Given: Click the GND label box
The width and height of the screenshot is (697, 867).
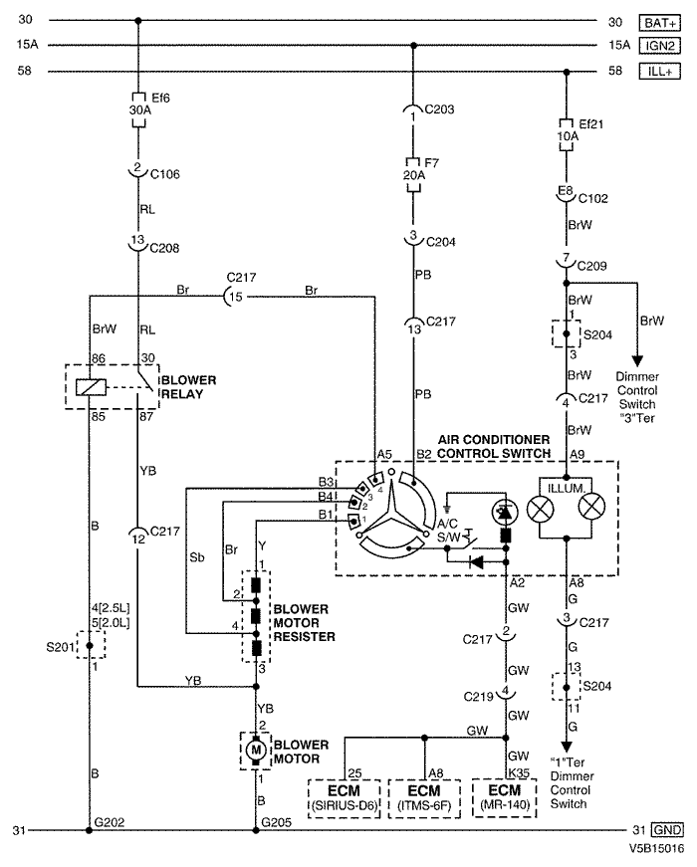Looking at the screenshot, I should pos(666,829).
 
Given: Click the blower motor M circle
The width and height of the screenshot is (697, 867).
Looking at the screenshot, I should pos(256,749).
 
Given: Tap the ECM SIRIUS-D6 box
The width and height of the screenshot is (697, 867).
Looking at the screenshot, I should pos(345,797).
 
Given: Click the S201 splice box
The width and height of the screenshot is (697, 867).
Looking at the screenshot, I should pos(90,648).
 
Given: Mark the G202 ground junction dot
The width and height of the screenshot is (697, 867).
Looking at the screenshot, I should pos(90,829).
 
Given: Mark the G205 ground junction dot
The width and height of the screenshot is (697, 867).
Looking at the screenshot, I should pos(256,829).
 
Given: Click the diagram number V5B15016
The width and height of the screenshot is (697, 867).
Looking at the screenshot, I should pos(656,851).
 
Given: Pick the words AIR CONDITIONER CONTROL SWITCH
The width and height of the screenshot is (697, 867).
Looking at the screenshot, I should pos(493,446).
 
